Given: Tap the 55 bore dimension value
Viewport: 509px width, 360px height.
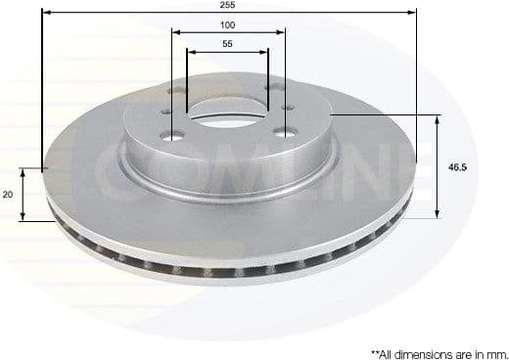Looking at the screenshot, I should (x=227, y=45).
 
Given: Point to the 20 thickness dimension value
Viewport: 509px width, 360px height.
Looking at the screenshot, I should (x=8, y=195).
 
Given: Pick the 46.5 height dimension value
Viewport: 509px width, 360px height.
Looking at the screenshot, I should (x=457, y=167).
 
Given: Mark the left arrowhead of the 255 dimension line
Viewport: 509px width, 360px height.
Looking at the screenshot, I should (x=47, y=14).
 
